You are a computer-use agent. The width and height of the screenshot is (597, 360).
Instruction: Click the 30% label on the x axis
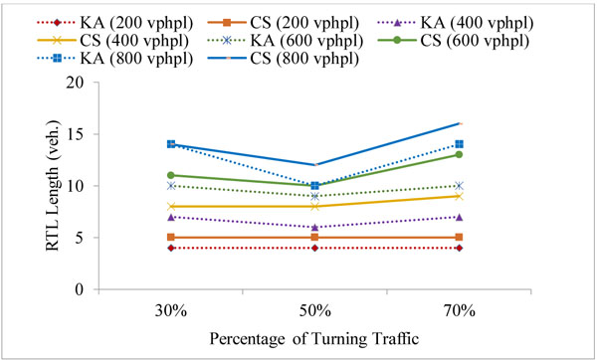(x=171, y=310)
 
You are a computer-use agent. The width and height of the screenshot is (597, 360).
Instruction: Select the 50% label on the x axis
(x=314, y=310)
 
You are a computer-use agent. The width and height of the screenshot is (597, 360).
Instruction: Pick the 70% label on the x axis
(x=458, y=310)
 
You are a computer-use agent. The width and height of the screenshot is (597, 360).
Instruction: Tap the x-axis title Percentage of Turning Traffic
(x=314, y=338)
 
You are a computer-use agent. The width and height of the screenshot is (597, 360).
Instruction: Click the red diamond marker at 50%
(x=314, y=248)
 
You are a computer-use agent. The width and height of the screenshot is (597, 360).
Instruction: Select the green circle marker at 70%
(x=458, y=154)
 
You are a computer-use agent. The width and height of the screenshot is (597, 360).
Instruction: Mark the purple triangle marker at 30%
(x=171, y=217)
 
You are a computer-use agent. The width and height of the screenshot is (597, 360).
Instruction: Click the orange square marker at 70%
(x=458, y=238)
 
